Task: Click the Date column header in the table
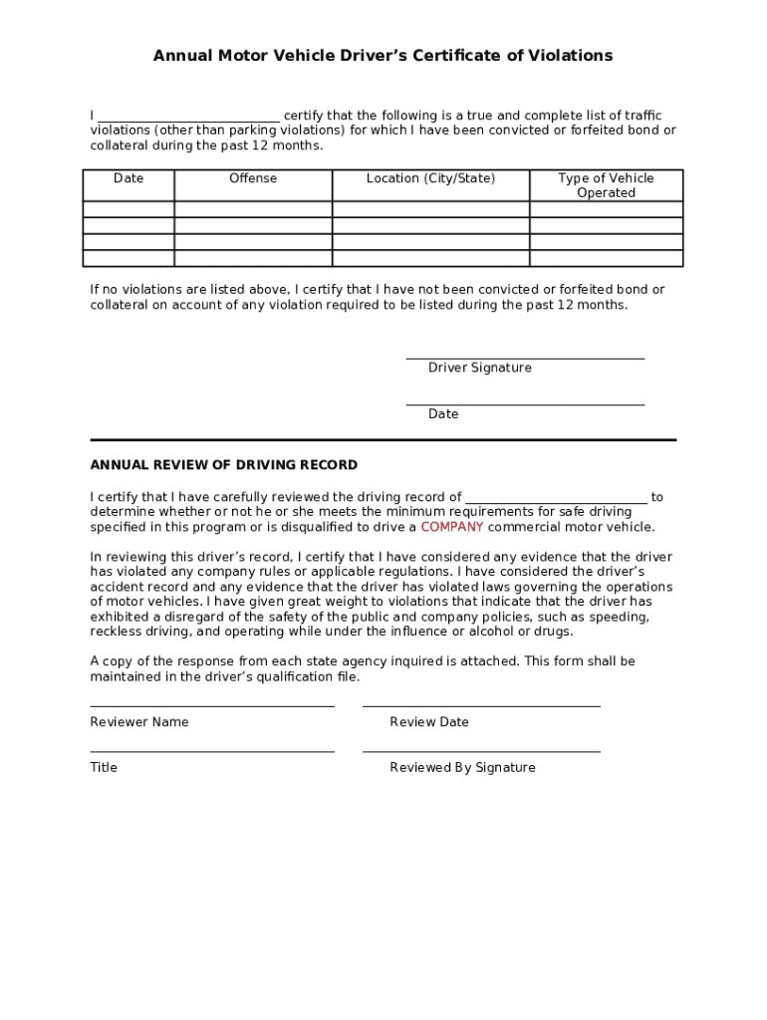(128, 178)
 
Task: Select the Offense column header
(253, 178)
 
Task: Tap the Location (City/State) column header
(430, 178)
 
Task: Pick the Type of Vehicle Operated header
(606, 185)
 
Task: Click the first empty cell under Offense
(253, 209)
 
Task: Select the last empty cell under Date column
(128, 259)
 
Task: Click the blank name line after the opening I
(189, 117)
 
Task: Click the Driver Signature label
(479, 368)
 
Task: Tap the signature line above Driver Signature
(525, 357)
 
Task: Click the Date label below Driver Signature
(443, 413)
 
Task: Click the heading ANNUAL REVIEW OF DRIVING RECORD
(224, 465)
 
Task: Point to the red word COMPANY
(451, 527)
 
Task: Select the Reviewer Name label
(139, 722)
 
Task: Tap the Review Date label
(428, 722)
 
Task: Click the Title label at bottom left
(104, 768)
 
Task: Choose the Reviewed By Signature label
(462, 768)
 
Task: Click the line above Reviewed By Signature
(481, 751)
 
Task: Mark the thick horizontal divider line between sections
(383, 439)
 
